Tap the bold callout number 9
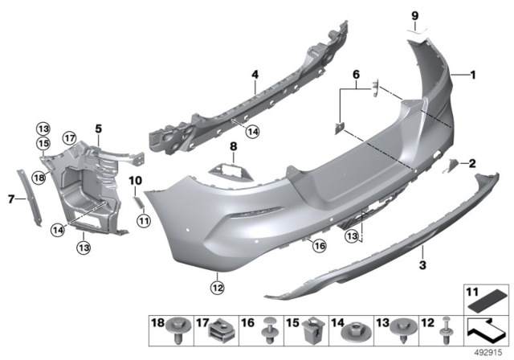[x=415, y=15]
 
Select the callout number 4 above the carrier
[x=254, y=76]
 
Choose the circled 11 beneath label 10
[x=142, y=219]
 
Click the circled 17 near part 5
[x=70, y=137]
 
